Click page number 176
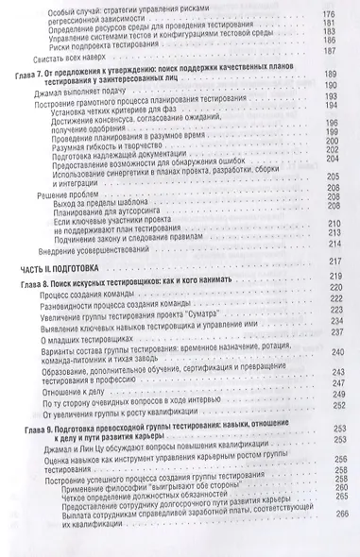331,8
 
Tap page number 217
332,287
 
